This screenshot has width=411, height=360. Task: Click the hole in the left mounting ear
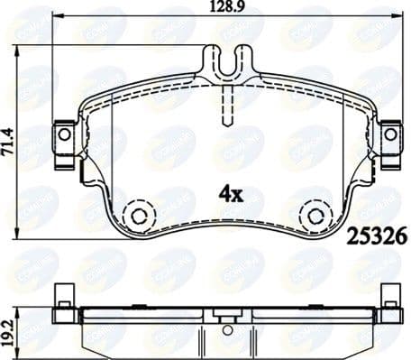coord(64,134)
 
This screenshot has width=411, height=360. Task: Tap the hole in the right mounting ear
coord(389,134)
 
